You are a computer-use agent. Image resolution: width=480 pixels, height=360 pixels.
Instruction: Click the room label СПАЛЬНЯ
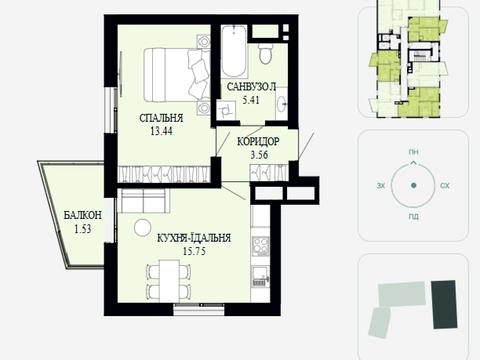[x=161, y=118]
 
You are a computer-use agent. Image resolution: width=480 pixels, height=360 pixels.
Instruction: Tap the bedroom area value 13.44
[x=161, y=131]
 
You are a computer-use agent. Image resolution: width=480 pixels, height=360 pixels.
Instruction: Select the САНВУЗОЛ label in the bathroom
[x=252, y=87]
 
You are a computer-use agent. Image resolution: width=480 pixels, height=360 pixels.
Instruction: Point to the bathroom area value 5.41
[x=251, y=100]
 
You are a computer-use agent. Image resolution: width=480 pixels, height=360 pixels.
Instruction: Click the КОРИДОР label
[x=258, y=142]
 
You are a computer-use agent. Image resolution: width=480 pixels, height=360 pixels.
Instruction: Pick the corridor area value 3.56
[x=259, y=155]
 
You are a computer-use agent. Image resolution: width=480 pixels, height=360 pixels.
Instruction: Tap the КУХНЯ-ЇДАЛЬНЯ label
[x=194, y=238]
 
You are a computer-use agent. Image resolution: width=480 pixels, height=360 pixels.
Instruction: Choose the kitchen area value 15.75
[x=194, y=251]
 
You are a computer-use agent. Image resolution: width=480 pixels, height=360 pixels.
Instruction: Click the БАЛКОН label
[x=83, y=215]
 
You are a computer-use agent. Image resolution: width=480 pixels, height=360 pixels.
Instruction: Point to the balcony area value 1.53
[x=83, y=229]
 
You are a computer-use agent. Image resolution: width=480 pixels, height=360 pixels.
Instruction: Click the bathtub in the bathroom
[x=234, y=51]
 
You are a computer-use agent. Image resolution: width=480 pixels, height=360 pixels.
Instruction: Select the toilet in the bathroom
[x=266, y=53]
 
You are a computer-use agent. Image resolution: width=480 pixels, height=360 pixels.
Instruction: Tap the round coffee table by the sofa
[x=143, y=228]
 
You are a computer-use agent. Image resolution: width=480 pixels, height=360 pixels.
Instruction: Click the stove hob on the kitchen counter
[x=261, y=246]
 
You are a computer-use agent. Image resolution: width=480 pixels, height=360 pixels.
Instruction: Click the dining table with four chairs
[x=169, y=281]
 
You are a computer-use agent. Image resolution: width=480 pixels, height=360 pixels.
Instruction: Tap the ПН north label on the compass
[x=413, y=152]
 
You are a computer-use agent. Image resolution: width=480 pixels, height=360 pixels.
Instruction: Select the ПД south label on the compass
[x=413, y=217]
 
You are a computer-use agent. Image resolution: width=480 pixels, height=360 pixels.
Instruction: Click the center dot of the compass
[x=414, y=185]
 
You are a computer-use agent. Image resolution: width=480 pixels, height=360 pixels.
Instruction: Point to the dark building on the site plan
[x=444, y=304]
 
